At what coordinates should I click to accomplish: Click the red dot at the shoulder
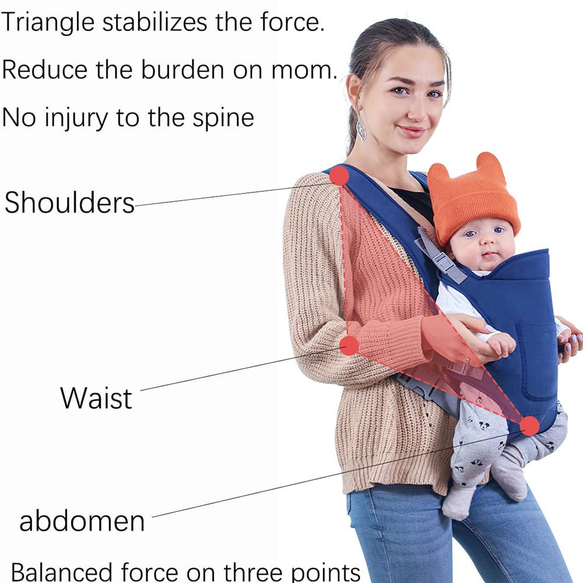click(x=339, y=175)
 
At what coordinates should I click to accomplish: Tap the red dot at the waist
click(x=349, y=345)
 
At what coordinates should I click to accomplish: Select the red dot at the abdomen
click(x=529, y=426)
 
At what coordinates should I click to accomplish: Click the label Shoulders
click(x=69, y=203)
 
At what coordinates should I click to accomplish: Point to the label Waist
click(x=96, y=398)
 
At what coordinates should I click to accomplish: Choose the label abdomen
click(x=82, y=520)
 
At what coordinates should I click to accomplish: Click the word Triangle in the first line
click(x=48, y=23)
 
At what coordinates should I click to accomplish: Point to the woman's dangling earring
click(x=361, y=129)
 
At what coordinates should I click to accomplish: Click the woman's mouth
click(x=412, y=131)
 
